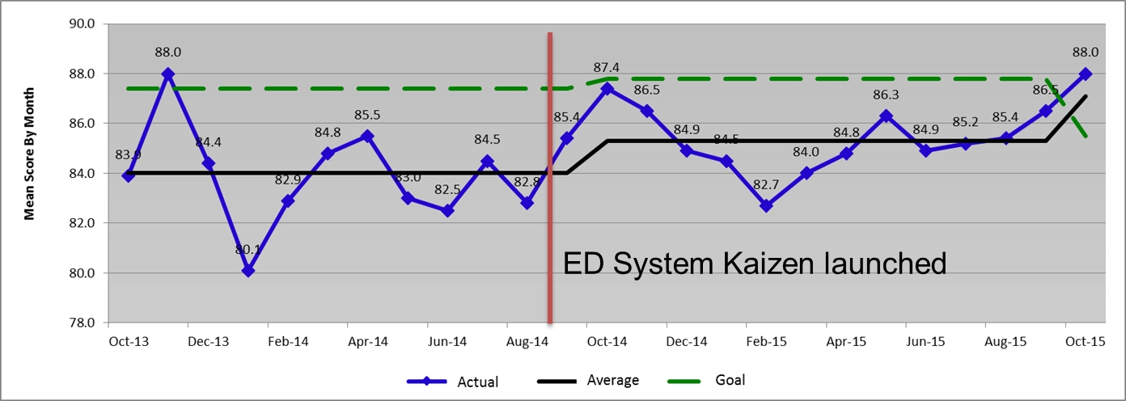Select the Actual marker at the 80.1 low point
click(248, 271)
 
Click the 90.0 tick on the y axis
click(83, 24)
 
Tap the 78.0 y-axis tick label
click(83, 323)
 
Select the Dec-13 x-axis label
click(208, 342)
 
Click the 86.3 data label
click(886, 96)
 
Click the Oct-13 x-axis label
click(129, 342)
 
